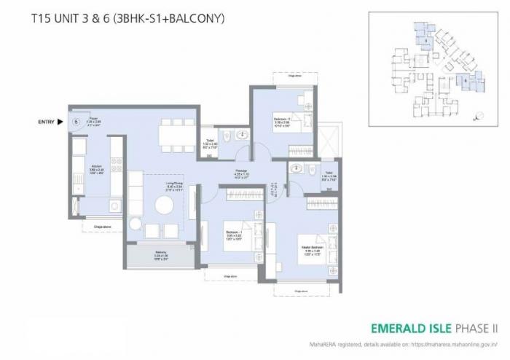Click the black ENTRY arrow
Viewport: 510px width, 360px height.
click(60, 122)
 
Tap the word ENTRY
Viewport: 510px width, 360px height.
click(46, 122)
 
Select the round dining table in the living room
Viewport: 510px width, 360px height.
click(165, 206)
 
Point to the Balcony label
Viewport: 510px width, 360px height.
click(161, 256)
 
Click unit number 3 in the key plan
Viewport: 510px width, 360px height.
click(424, 42)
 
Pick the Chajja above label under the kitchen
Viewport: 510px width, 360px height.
click(102, 227)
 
